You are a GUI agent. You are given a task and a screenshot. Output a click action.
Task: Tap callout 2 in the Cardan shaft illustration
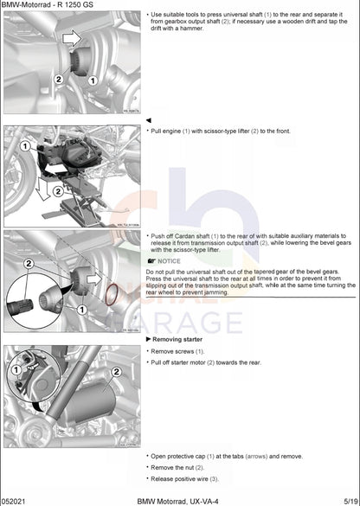pyautogui.click(x=28, y=263)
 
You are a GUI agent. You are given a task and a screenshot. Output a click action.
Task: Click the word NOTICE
pyautogui.click(x=169, y=260)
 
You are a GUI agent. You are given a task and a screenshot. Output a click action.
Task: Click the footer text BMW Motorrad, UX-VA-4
pyautogui.click(x=177, y=501)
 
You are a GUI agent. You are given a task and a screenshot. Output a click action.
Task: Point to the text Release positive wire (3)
pyautogui.click(x=185, y=478)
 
